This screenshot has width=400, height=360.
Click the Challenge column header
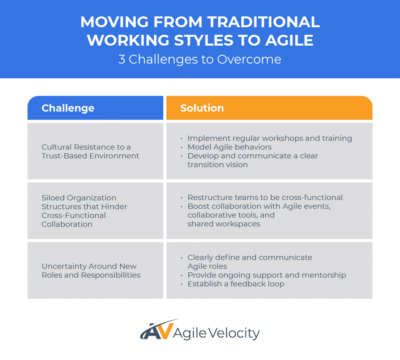click(95, 108)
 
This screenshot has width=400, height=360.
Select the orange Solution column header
click(269, 108)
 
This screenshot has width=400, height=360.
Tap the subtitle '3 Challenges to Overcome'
click(200, 60)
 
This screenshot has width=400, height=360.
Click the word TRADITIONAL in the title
click(263, 22)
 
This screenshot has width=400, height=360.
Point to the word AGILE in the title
click(289, 40)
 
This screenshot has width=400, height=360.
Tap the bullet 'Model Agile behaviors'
click(230, 147)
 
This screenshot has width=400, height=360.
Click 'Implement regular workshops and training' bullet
click(270, 138)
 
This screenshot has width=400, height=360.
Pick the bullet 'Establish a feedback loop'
click(236, 284)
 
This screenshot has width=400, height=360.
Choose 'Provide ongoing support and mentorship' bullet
click(267, 275)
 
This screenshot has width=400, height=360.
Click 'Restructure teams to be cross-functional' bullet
click(265, 198)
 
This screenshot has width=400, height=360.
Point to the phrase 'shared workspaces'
click(224, 224)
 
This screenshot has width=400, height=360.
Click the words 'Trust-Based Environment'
click(90, 156)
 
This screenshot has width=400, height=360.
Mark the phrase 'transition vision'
click(218, 164)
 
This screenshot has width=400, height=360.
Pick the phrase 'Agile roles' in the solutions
click(207, 266)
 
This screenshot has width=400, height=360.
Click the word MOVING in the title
click(114, 22)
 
